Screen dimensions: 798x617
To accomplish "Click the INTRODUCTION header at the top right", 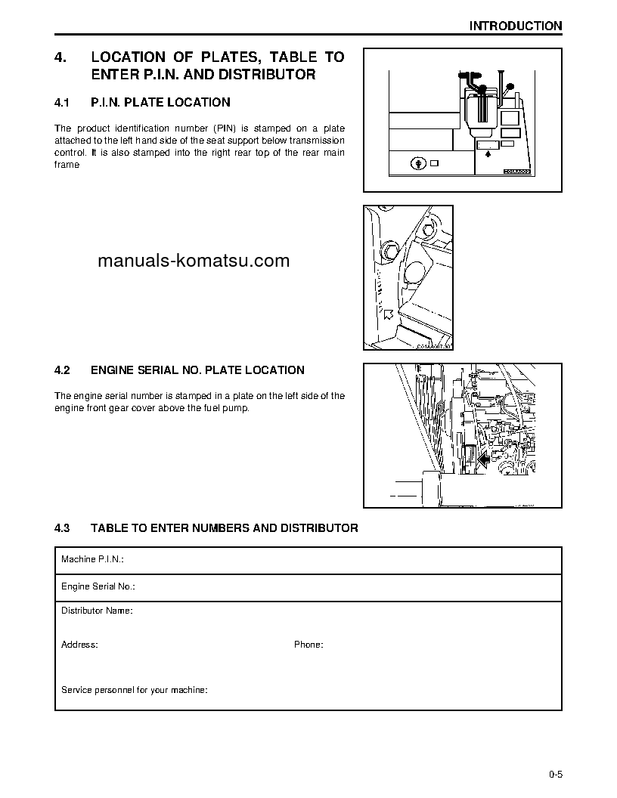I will point(515,26).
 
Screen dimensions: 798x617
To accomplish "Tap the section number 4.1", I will point(62,102).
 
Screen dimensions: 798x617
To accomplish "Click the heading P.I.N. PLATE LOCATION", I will point(160,102).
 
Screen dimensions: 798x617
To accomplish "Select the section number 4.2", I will point(62,370).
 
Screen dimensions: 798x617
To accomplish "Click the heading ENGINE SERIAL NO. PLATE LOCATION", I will point(197,370).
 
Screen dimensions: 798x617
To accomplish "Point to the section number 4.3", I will point(62,528).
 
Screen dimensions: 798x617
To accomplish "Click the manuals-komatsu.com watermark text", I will point(194,261).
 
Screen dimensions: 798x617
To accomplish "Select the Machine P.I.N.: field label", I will point(92,560).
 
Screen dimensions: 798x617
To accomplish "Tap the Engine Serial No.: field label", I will point(98,586).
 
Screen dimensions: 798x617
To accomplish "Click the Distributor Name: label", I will point(97,610).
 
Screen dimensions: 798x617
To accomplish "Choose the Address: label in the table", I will point(79,645).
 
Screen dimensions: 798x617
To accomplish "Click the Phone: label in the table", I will point(308,645).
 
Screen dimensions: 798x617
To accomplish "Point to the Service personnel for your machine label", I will point(135,690).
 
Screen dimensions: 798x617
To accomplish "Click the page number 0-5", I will point(557,773).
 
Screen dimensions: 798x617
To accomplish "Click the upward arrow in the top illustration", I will point(488,153).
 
